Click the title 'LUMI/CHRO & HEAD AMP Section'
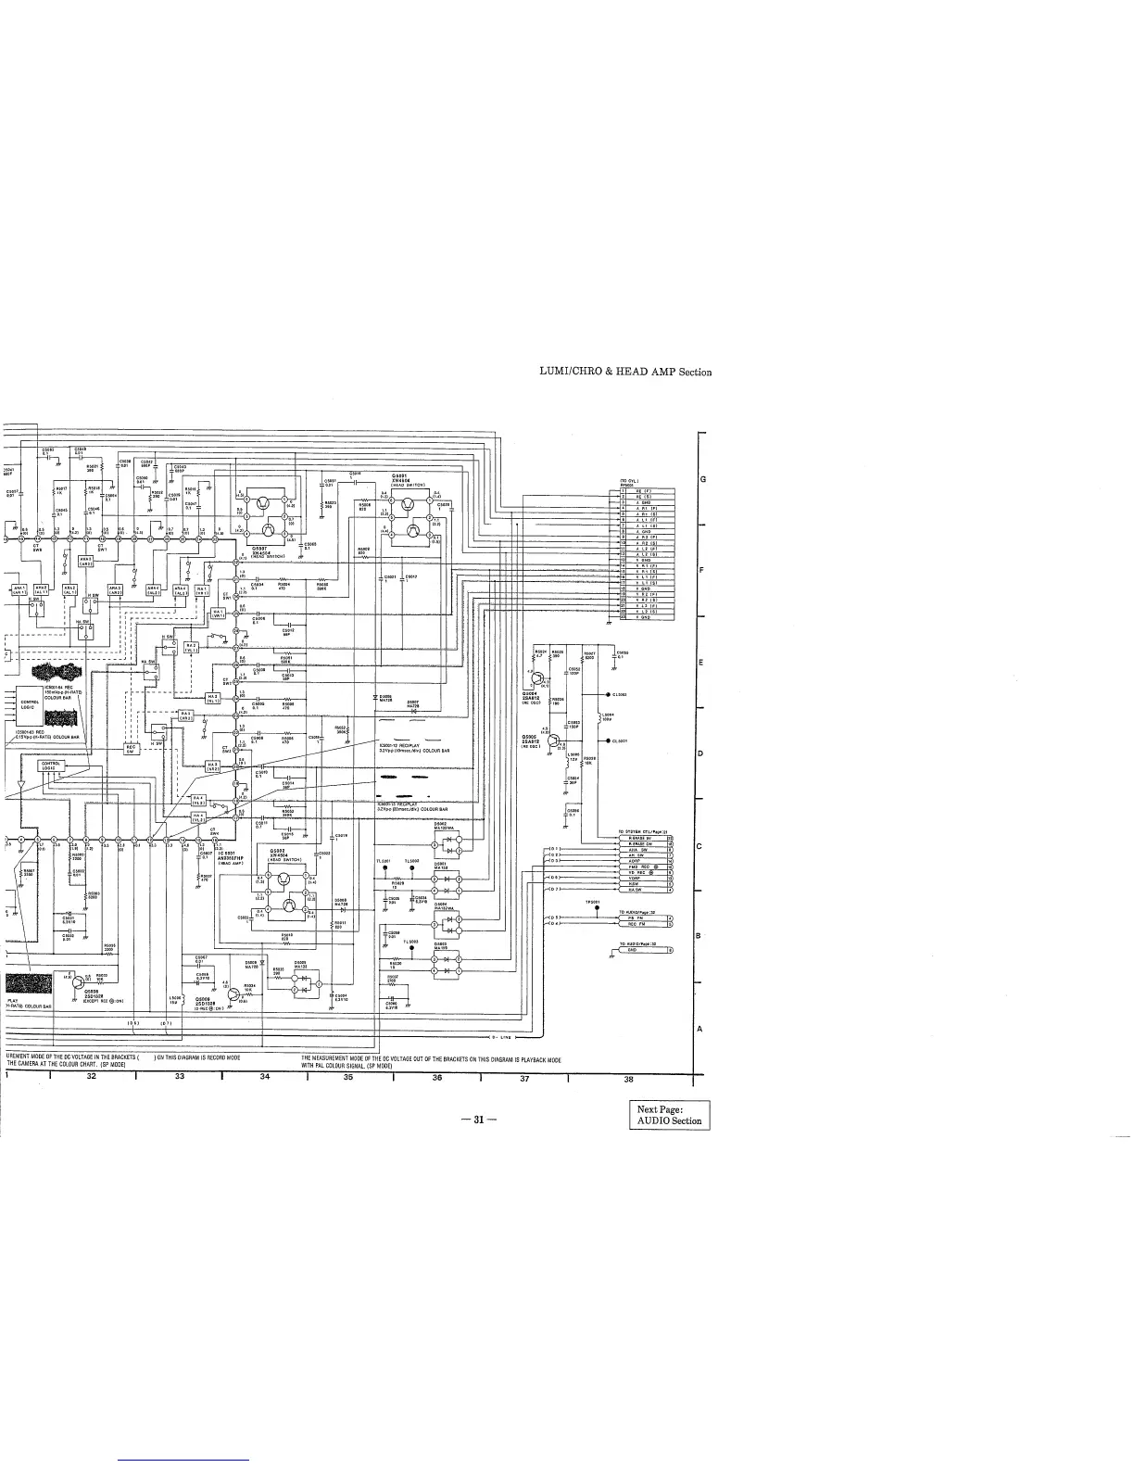click(x=625, y=372)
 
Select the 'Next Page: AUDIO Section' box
click(x=667, y=1115)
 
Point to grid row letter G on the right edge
click(x=702, y=479)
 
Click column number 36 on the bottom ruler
click(x=437, y=1078)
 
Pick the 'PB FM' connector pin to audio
click(x=636, y=917)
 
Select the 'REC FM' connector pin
click(x=636, y=925)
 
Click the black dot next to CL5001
click(x=607, y=741)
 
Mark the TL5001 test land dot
click(x=384, y=868)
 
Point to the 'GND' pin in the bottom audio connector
click(x=633, y=951)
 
